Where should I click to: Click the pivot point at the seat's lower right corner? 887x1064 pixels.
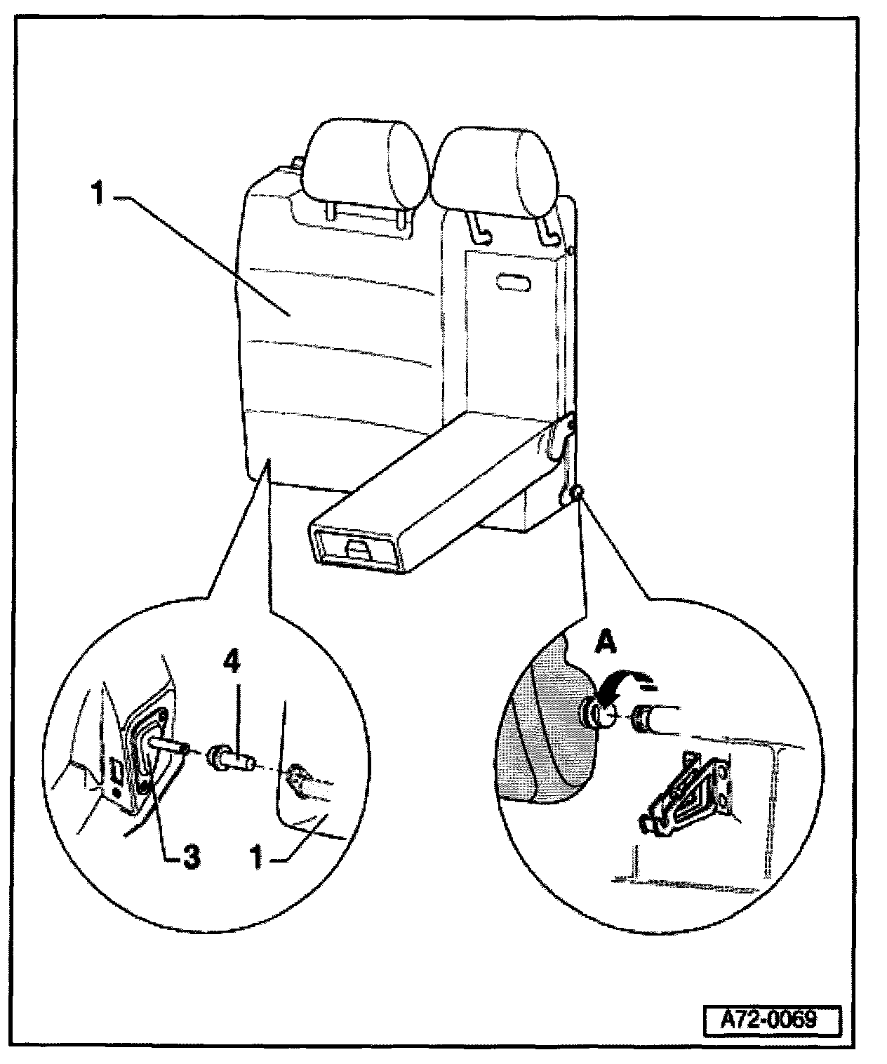(x=575, y=494)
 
